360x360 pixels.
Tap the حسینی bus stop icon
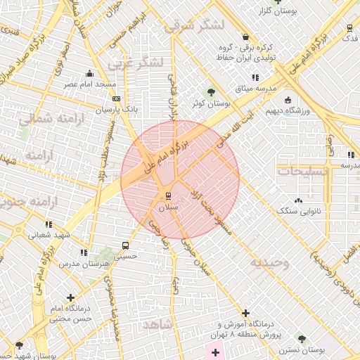pyautogui.click(x=125, y=246)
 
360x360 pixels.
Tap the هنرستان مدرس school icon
pyautogui.click(x=84, y=252)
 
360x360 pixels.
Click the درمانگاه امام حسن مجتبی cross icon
pyautogui.click(x=70, y=297)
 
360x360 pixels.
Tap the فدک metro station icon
pyautogui.click(x=349, y=28)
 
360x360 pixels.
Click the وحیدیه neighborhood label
pyautogui.click(x=268, y=262)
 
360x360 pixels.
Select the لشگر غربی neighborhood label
pyautogui.click(x=135, y=63)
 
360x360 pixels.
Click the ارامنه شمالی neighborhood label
pyautogui.click(x=42, y=119)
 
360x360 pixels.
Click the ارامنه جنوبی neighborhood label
pyautogui.click(x=29, y=204)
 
